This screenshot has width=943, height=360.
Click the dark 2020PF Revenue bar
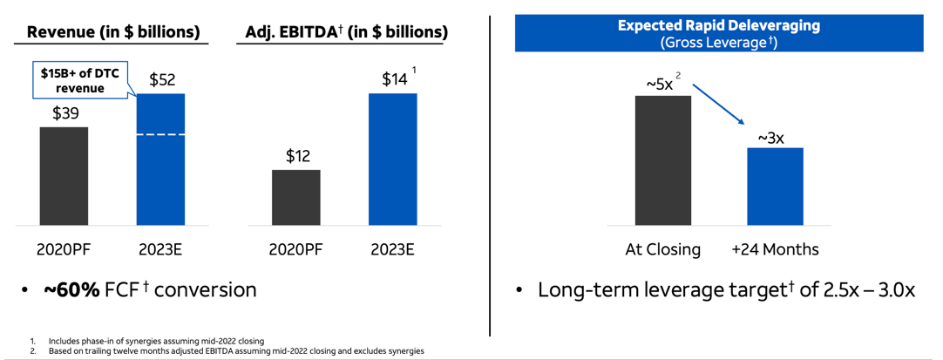(x=64, y=176)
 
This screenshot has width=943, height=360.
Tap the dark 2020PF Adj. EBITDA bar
(x=295, y=198)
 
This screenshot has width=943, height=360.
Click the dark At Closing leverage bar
(x=662, y=161)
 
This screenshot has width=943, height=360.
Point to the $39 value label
(x=64, y=113)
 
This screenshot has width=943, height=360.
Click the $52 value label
(x=162, y=80)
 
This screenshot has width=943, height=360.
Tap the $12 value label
(x=296, y=156)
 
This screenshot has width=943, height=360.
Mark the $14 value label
(x=394, y=79)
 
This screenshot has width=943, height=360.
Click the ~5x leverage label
(x=660, y=84)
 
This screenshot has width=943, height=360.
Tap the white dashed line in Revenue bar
(x=161, y=135)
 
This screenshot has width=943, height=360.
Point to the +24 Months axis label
(x=775, y=250)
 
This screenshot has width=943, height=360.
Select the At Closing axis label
(x=662, y=250)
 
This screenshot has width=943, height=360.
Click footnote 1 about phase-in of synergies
(x=156, y=341)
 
